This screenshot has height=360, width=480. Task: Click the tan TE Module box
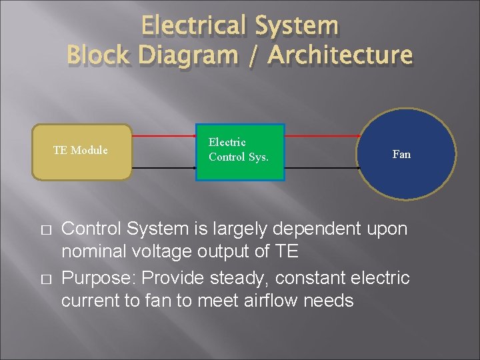(82, 153)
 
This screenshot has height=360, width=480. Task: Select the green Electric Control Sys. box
(240, 152)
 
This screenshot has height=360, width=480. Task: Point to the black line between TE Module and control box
(163, 167)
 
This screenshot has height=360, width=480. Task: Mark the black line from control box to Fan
(323, 167)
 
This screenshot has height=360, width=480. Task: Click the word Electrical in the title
(194, 26)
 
